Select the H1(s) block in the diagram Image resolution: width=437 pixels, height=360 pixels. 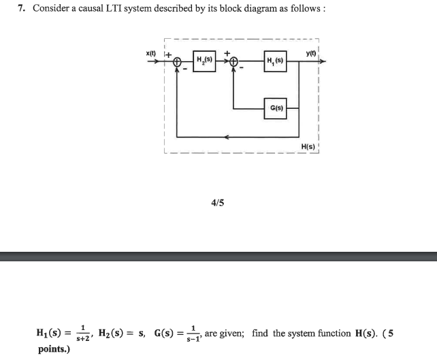point(274,62)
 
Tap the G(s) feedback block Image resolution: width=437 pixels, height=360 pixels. point(274,108)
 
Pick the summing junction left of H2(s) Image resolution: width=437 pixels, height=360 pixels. point(178,63)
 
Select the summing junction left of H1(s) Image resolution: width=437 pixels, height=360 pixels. point(234,63)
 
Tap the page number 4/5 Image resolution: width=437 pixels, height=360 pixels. point(217,201)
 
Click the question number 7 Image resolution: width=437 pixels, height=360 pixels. point(22,9)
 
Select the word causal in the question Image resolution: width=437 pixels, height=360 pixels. point(97,9)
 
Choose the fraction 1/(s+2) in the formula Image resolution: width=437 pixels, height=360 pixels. point(83,334)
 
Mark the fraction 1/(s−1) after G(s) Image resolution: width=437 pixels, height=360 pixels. point(191,334)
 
